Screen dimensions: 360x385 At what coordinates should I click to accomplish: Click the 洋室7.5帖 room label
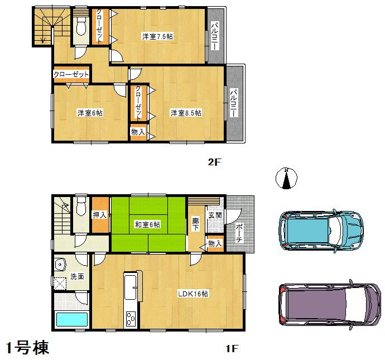pyautogui.click(x=157, y=37)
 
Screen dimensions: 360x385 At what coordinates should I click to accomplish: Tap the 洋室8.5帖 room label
pyautogui.click(x=186, y=113)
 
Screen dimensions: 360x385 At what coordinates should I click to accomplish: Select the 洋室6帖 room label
pyautogui.click(x=89, y=113)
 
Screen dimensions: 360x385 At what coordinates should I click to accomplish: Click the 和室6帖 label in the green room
pyautogui.click(x=147, y=224)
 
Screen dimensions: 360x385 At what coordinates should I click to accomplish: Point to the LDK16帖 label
pyautogui.click(x=192, y=294)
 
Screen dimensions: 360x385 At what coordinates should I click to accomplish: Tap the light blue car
pyautogui.click(x=320, y=229)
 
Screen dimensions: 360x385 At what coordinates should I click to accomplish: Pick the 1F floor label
pyautogui.click(x=232, y=349)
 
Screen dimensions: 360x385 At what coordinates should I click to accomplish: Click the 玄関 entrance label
pyautogui.click(x=215, y=214)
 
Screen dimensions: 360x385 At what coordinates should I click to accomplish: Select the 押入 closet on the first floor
pyautogui.click(x=100, y=214)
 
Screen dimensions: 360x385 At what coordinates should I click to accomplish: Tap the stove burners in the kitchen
pyautogui.click(x=131, y=319)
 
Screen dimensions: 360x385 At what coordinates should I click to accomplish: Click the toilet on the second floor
pyautogui.click(x=81, y=25)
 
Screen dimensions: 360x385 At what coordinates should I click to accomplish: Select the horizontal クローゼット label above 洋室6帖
pyautogui.click(x=71, y=74)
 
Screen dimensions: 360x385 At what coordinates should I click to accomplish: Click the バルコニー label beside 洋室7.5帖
pyautogui.click(x=215, y=36)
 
